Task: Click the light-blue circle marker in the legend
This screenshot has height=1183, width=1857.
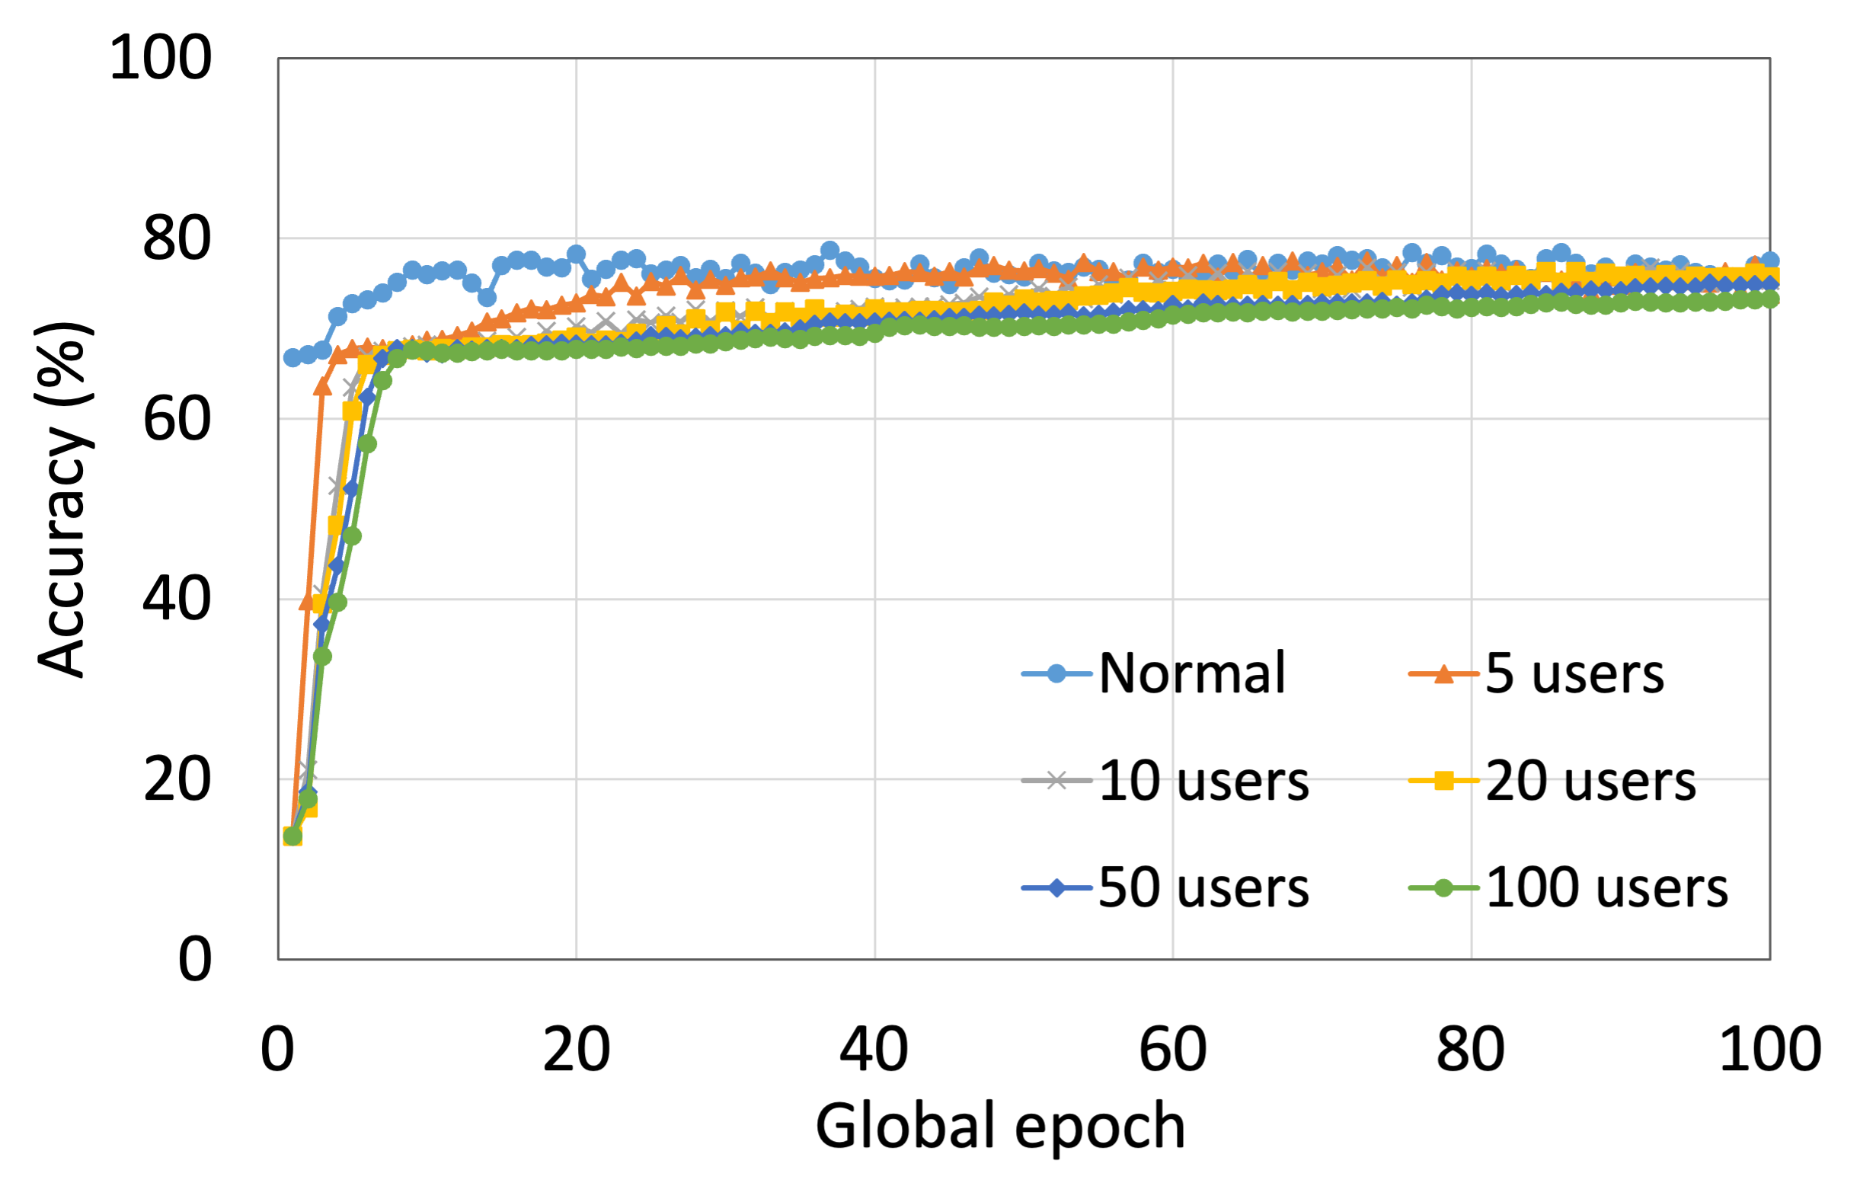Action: pos(1056,674)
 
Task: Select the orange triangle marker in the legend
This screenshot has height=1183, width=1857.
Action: pos(1443,675)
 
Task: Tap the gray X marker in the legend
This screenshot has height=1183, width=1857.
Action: pos(1056,781)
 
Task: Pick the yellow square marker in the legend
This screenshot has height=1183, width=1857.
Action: pos(1443,781)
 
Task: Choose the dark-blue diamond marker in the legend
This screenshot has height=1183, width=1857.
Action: pos(1056,887)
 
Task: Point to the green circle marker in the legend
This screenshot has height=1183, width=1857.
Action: pos(1443,887)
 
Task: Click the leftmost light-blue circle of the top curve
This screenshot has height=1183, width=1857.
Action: pos(292,358)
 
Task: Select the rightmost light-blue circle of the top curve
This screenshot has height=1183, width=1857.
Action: pos(1771,261)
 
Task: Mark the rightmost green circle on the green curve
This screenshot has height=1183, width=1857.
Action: pos(1771,299)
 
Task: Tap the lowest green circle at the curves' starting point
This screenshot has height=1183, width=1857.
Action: pos(292,836)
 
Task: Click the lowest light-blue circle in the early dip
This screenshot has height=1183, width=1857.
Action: pos(487,298)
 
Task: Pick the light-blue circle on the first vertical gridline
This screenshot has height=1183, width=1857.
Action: pos(576,253)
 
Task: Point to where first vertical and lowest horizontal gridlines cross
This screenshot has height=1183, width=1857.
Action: pos(576,780)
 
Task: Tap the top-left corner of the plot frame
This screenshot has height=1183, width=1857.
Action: pos(278,59)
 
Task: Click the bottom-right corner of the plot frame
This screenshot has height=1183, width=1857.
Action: pos(1770,959)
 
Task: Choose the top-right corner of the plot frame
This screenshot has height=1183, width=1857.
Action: pos(1770,59)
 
